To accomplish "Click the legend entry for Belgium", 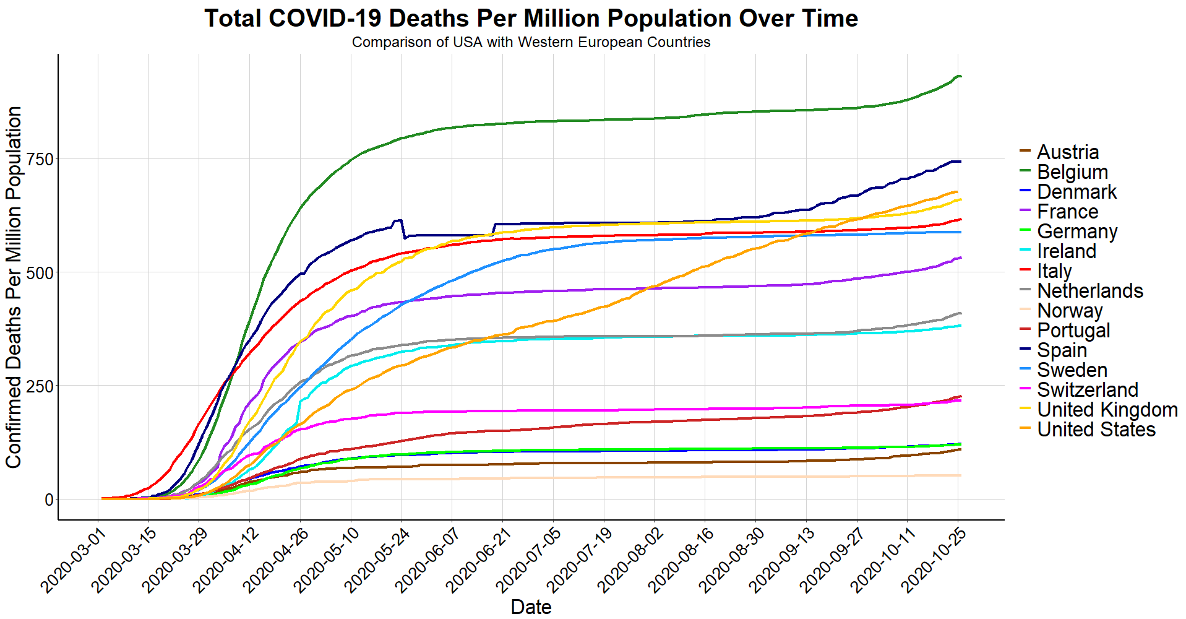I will tap(1072, 172).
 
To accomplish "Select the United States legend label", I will tap(1096, 430).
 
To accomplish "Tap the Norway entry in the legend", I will tap(1070, 311).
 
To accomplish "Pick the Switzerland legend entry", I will tap(1087, 390).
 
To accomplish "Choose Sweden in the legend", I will tap(1072, 370).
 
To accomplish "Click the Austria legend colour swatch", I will tap(1025, 152).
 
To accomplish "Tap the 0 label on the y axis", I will tap(49, 500).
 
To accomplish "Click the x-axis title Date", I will tap(531, 607).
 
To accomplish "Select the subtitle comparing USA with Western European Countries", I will tap(531, 42).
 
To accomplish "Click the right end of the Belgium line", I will tap(960, 76).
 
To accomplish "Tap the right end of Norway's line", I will tap(960, 475).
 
